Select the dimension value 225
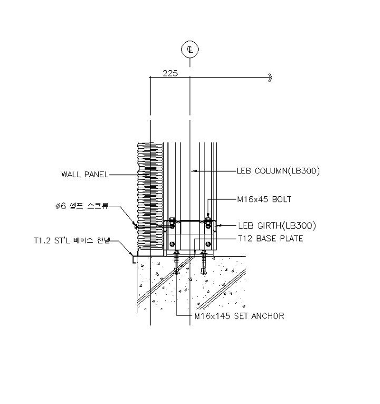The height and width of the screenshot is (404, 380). (x=170, y=73)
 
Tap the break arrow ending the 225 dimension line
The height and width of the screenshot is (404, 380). (x=270, y=77)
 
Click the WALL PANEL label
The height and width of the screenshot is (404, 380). (x=85, y=174)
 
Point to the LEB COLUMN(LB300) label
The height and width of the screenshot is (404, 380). (x=278, y=171)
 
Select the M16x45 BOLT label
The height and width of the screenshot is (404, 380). (x=264, y=199)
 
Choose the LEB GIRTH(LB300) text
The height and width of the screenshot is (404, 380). (x=277, y=226)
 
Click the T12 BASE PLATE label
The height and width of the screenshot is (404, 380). (x=270, y=239)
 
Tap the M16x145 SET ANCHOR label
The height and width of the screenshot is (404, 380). (x=239, y=316)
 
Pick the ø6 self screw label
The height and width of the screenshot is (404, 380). (x=82, y=206)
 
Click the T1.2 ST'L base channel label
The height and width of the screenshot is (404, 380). (x=72, y=240)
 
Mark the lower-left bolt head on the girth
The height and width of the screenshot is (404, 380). (x=172, y=244)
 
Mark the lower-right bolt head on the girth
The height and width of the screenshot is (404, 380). (x=208, y=244)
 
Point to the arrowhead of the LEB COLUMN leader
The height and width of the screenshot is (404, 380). (x=195, y=171)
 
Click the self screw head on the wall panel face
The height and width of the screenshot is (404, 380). (x=136, y=226)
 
